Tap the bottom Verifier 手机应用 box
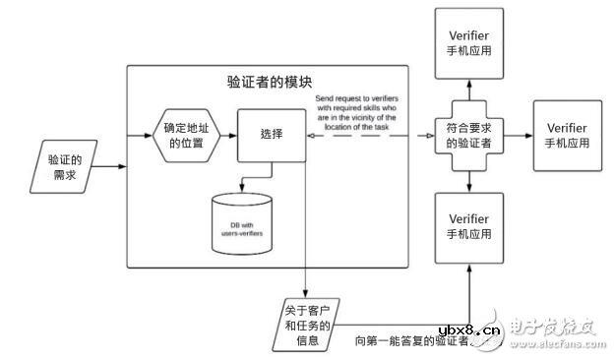pyautogui.click(x=468, y=225)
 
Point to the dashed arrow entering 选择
pyautogui.click(x=354, y=136)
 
